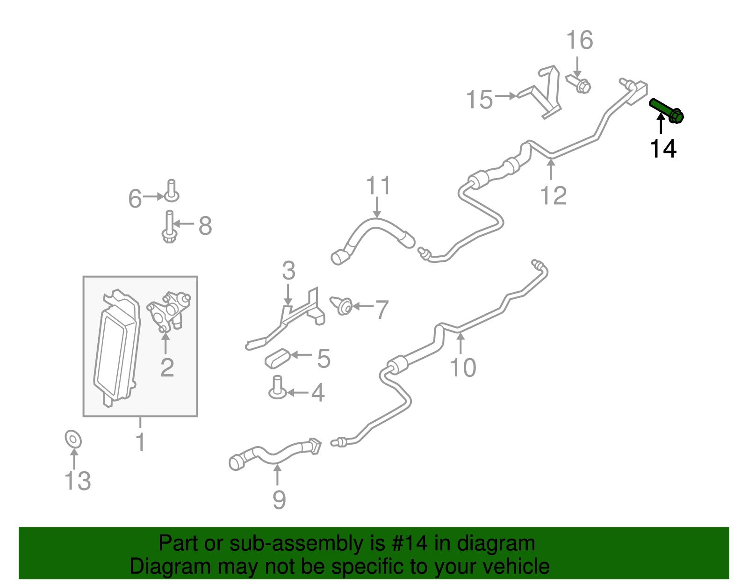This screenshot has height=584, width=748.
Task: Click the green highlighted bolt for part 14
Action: (x=666, y=111)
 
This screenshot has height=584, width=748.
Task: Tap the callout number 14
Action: (x=663, y=149)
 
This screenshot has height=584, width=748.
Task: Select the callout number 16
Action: (x=580, y=40)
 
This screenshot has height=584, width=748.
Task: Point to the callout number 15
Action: (x=480, y=100)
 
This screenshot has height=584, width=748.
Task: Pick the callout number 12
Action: (x=553, y=195)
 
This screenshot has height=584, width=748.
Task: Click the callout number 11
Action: (x=378, y=186)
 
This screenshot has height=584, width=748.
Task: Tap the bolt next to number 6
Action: (x=172, y=191)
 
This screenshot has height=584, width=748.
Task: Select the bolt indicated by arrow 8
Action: (x=169, y=227)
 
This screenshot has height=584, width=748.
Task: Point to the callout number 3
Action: (x=288, y=270)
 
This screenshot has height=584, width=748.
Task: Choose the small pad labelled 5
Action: (x=277, y=359)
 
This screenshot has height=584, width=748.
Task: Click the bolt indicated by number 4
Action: (x=277, y=388)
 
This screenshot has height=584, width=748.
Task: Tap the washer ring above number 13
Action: (x=73, y=439)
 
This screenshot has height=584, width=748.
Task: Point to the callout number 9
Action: (x=279, y=500)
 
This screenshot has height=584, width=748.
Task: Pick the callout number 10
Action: (x=463, y=368)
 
